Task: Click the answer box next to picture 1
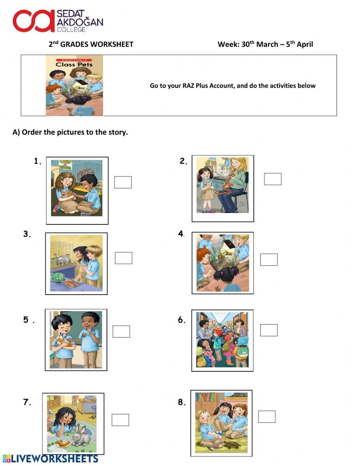123,182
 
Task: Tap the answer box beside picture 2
273,179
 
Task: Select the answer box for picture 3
123,258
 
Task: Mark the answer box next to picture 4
269,260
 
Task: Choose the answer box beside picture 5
121,331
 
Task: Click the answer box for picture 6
269,330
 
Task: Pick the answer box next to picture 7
120,420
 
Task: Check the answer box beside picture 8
267,416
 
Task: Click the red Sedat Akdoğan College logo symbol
33,21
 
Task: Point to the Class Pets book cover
74,85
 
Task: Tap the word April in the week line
305,44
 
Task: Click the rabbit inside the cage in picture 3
62,258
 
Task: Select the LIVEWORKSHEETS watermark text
54,459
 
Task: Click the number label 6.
181,320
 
